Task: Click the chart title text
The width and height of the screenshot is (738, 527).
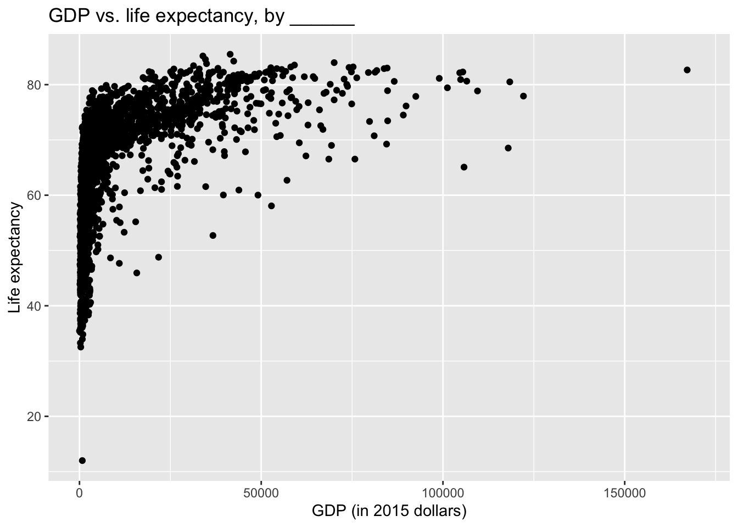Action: [201, 16]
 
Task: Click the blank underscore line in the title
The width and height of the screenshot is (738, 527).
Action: [322, 22]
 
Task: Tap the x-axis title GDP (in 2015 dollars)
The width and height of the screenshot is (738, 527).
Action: [389, 512]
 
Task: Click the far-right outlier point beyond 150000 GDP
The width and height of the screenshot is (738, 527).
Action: [687, 70]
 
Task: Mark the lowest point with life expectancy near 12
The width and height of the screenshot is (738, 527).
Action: [82, 460]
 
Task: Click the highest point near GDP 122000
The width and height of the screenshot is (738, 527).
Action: [523, 96]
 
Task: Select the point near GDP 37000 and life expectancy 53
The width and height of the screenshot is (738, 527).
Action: [213, 236]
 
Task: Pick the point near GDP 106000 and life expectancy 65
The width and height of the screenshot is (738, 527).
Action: [464, 167]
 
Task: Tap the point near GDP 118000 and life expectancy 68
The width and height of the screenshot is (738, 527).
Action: [508, 148]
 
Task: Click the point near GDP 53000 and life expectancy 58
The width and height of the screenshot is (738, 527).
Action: [271, 206]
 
